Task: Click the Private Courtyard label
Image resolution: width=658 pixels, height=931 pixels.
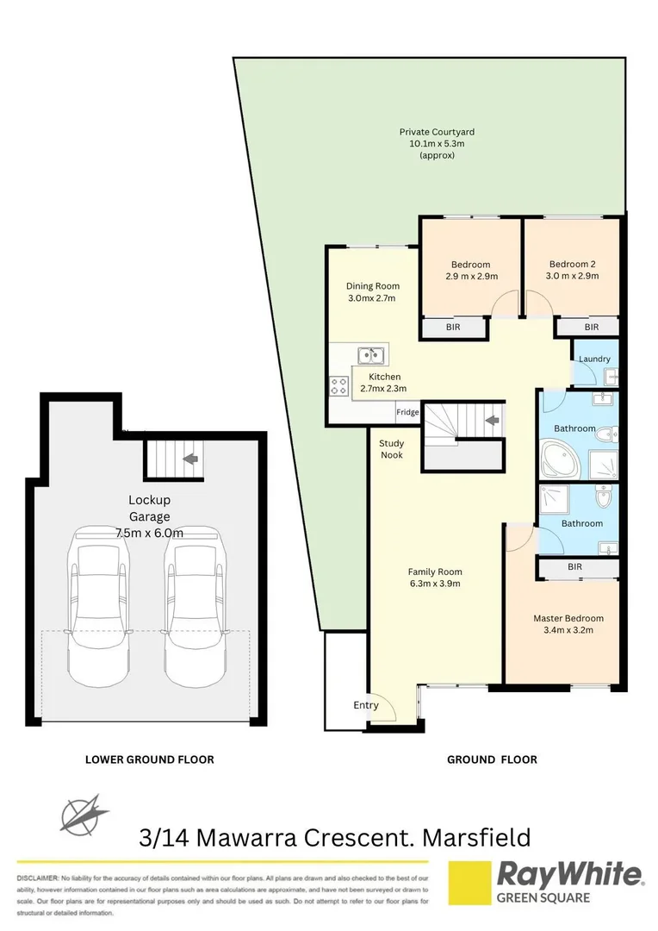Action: (x=437, y=132)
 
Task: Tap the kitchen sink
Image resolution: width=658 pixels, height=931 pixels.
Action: (x=371, y=353)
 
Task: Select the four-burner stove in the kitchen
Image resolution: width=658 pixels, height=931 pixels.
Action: (x=337, y=387)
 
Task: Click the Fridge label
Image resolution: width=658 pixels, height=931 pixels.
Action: (x=407, y=413)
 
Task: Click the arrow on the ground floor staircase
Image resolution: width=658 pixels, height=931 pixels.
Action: (x=492, y=421)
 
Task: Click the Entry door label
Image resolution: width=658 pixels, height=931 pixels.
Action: (x=366, y=705)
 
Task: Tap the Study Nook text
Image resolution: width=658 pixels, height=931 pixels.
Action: (x=391, y=449)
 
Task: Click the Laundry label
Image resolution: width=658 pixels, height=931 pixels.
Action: (x=595, y=359)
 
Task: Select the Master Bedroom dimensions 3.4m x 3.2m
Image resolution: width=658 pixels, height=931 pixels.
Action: (x=568, y=630)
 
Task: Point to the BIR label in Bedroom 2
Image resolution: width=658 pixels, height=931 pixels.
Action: (x=591, y=328)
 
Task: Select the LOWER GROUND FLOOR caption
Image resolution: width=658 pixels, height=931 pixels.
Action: (x=149, y=759)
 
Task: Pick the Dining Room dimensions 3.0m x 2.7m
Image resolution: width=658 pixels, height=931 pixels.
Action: (x=372, y=298)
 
